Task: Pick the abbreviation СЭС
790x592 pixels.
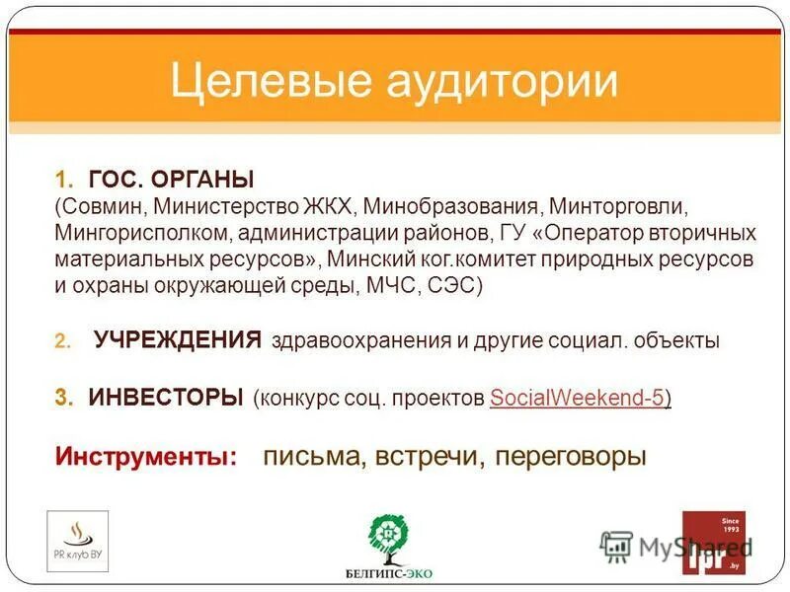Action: (x=450, y=286)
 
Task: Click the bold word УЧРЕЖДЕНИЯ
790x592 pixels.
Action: (x=178, y=341)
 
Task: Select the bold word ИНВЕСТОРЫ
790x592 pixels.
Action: (x=166, y=398)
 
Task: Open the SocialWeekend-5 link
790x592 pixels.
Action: (x=577, y=399)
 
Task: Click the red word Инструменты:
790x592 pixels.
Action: (x=146, y=458)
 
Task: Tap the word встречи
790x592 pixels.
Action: (x=431, y=458)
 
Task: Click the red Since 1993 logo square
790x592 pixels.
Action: (x=714, y=542)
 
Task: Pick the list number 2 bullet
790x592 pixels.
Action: (x=61, y=342)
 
